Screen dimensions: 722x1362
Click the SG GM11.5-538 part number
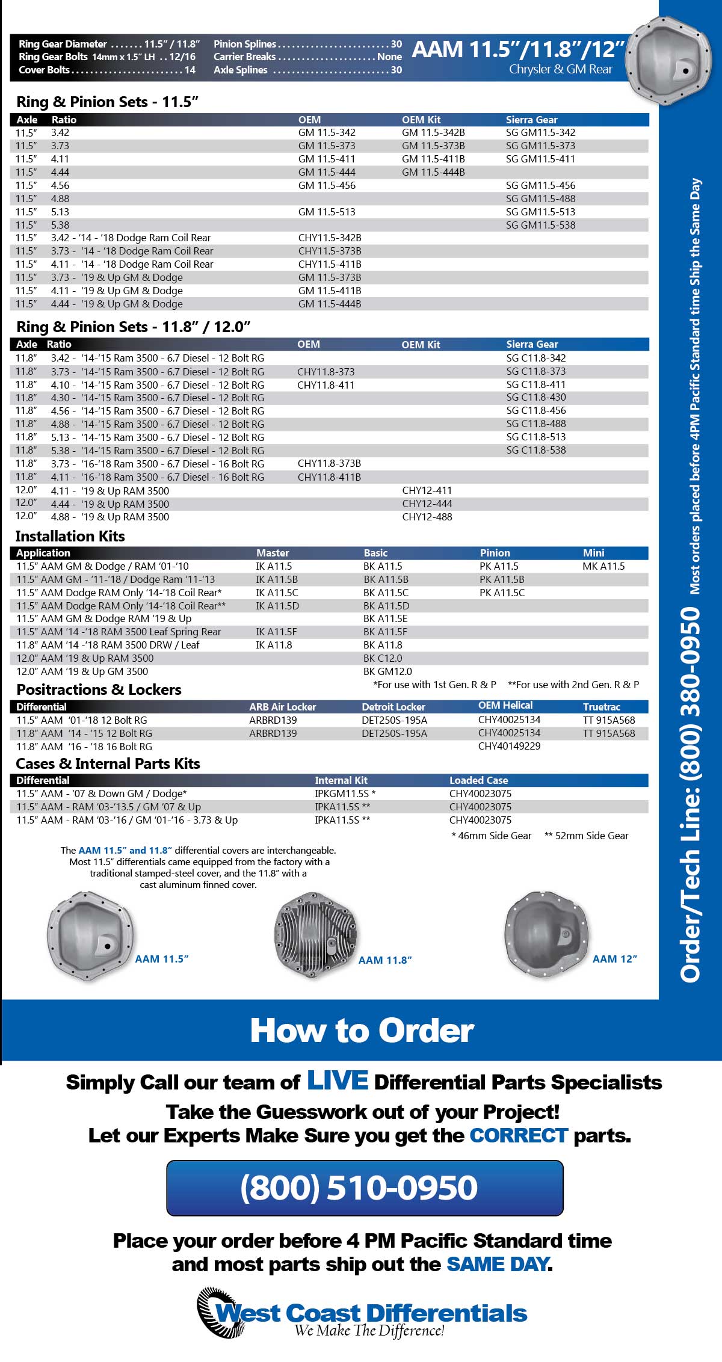click(x=540, y=225)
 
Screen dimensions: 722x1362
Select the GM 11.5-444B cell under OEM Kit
click(x=433, y=172)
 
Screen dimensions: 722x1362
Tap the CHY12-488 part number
click(x=427, y=517)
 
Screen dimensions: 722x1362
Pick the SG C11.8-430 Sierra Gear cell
click(x=536, y=397)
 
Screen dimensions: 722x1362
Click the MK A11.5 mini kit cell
click(x=603, y=566)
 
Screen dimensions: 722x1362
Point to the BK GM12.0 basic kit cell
click(x=387, y=671)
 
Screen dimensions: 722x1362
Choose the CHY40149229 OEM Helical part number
click(x=509, y=746)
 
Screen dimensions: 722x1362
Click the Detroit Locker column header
click(x=393, y=707)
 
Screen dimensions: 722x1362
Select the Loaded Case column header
click(x=478, y=780)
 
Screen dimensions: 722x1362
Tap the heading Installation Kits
click(x=70, y=536)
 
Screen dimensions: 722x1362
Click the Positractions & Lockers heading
click(x=99, y=689)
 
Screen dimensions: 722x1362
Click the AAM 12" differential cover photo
click(x=545, y=933)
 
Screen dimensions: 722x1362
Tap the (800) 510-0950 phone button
click(x=365, y=1188)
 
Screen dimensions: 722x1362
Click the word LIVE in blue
click(x=338, y=1080)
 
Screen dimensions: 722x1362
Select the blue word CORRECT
click(x=519, y=1135)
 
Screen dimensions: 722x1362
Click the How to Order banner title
click(x=362, y=1031)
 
